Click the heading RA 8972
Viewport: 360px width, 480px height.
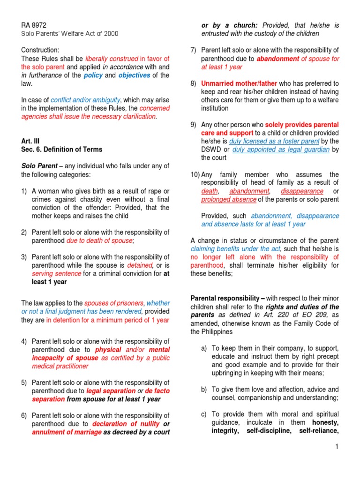click(x=34, y=25)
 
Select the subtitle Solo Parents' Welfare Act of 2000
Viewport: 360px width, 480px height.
click(x=70, y=34)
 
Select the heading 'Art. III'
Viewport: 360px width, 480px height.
click(x=30, y=141)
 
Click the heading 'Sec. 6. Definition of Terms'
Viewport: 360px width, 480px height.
click(x=62, y=150)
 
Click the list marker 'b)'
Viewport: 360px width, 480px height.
click(x=203, y=390)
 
